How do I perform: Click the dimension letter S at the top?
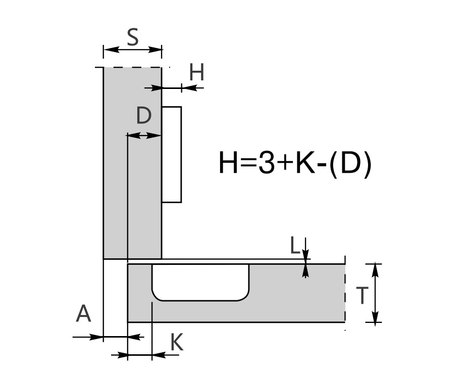coord(133,37)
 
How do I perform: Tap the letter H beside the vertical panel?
coord(196,72)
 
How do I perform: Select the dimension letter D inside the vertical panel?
coord(144,116)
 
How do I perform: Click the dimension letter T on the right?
coord(362,296)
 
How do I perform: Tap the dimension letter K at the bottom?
coord(177,342)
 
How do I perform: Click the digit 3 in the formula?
coord(266,162)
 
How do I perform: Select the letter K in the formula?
coord(305,162)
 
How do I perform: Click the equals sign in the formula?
coord(247,163)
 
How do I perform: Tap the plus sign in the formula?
coord(285,163)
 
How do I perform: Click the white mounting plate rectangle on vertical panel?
coord(172,155)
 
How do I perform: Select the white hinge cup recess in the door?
coord(200,282)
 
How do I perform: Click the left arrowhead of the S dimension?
coord(111,50)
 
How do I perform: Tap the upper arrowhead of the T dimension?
coord(376,270)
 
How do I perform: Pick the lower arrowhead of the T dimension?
coord(376,315)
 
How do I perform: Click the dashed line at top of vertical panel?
coord(133,67)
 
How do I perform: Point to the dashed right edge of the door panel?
coord(345,293)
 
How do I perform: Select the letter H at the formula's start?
coord(228,162)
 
